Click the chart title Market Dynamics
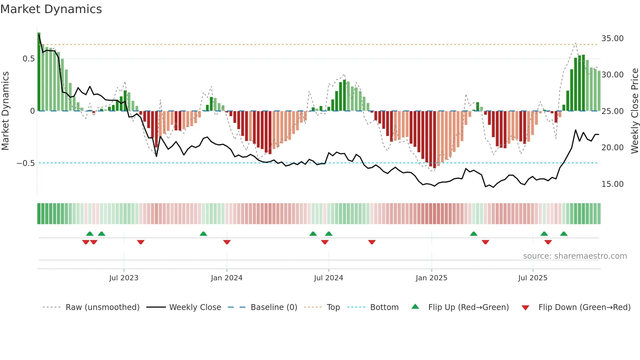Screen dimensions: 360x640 coord(51,9)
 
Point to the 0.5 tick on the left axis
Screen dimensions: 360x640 coord(28,59)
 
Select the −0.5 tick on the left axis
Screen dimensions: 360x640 coord(25,163)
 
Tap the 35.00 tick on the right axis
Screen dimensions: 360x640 coord(612,39)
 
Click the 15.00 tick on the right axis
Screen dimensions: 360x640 coord(612,184)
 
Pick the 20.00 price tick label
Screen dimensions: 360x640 coord(612,148)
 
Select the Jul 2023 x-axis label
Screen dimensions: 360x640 coord(124,278)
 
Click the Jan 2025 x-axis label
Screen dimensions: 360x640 coord(431,278)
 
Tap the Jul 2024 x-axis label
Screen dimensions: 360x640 coord(328,278)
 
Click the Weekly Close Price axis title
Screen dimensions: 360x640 coord(634,111)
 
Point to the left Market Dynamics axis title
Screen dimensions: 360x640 coord(5,111)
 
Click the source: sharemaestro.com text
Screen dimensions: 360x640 coord(575,256)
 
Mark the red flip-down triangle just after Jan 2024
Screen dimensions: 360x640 coord(227,242)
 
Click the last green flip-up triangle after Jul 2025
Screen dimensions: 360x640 coord(564,234)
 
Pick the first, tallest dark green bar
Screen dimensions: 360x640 coord(39,72)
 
